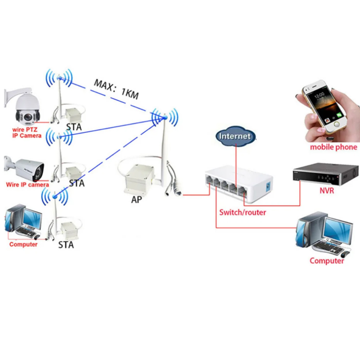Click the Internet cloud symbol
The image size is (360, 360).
(x=235, y=136)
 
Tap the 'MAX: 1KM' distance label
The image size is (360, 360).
(x=117, y=90)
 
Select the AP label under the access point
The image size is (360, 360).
(x=136, y=199)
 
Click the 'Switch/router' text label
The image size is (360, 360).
(x=243, y=212)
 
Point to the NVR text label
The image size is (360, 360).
(x=327, y=190)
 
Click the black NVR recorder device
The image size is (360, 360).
(x=325, y=174)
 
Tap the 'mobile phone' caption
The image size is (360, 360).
(x=333, y=147)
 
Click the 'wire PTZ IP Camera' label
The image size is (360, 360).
(x=27, y=132)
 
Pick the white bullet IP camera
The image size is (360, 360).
(x=24, y=168)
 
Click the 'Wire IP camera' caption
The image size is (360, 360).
(x=27, y=184)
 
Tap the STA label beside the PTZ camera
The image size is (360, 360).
(x=74, y=127)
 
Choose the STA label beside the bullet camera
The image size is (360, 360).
(x=76, y=183)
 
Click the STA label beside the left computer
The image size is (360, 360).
(x=66, y=245)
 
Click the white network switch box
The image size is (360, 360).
(x=239, y=183)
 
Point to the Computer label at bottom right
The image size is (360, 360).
(x=327, y=261)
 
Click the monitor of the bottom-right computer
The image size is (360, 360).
(x=338, y=231)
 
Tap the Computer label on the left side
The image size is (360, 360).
(x=23, y=244)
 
